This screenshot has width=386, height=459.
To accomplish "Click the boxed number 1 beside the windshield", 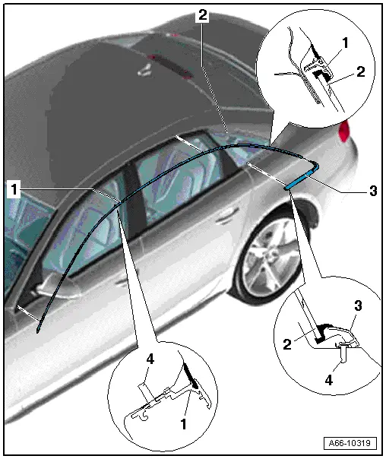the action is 14,189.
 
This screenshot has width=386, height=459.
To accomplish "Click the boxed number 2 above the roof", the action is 203,14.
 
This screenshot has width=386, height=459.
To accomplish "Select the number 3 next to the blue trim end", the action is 373,191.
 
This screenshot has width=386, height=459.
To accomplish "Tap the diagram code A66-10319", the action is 350,442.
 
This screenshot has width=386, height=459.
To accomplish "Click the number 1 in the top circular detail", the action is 345,43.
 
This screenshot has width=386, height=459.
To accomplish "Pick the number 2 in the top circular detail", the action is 361,71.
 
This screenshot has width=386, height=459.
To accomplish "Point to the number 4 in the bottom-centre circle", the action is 150,359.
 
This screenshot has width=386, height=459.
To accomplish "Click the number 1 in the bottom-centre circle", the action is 183,423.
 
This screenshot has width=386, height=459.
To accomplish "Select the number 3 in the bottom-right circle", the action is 358,305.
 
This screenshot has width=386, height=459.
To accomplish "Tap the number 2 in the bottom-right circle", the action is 287,344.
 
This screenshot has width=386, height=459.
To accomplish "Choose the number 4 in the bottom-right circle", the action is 329,380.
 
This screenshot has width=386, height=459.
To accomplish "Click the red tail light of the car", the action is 344,131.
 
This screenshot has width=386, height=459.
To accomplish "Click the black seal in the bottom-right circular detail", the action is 323,332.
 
